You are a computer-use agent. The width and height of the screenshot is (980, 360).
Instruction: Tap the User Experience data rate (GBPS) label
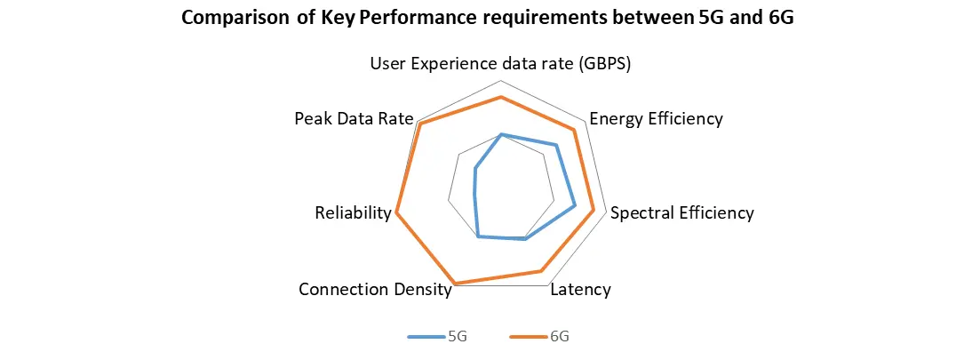pyautogui.click(x=500, y=64)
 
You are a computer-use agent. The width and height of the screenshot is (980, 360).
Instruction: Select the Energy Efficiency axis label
pyautogui.click(x=656, y=118)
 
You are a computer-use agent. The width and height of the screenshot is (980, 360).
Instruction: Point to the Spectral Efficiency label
pyautogui.click(x=681, y=212)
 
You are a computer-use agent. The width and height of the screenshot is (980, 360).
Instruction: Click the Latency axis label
pyautogui.click(x=581, y=290)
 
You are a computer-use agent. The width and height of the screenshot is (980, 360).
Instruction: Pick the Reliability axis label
pyautogui.click(x=353, y=212)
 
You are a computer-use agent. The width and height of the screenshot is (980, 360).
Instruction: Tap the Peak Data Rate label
pyautogui.click(x=354, y=118)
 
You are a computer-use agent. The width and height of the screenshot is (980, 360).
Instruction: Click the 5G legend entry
pyautogui.click(x=438, y=337)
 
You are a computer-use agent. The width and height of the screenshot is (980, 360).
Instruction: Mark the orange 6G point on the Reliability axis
pyautogui.click(x=396, y=212)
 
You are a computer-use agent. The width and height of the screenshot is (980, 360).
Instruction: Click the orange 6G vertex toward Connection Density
pyautogui.click(x=455, y=284)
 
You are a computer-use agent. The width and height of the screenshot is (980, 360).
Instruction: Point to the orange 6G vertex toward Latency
pyautogui.click(x=540, y=270)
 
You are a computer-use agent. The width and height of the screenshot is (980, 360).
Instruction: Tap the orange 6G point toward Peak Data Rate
pyautogui.click(x=421, y=124)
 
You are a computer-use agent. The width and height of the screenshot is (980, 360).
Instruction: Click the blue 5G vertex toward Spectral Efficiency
pyautogui.click(x=575, y=206)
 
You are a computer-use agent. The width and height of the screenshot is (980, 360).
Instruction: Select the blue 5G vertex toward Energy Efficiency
pyautogui.click(x=556, y=145)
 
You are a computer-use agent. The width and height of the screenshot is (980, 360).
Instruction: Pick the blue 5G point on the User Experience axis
pyautogui.click(x=501, y=134)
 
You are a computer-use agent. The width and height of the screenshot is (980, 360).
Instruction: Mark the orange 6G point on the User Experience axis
pyautogui.click(x=501, y=97)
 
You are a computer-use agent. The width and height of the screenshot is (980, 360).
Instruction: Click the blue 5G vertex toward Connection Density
pyautogui.click(x=479, y=236)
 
